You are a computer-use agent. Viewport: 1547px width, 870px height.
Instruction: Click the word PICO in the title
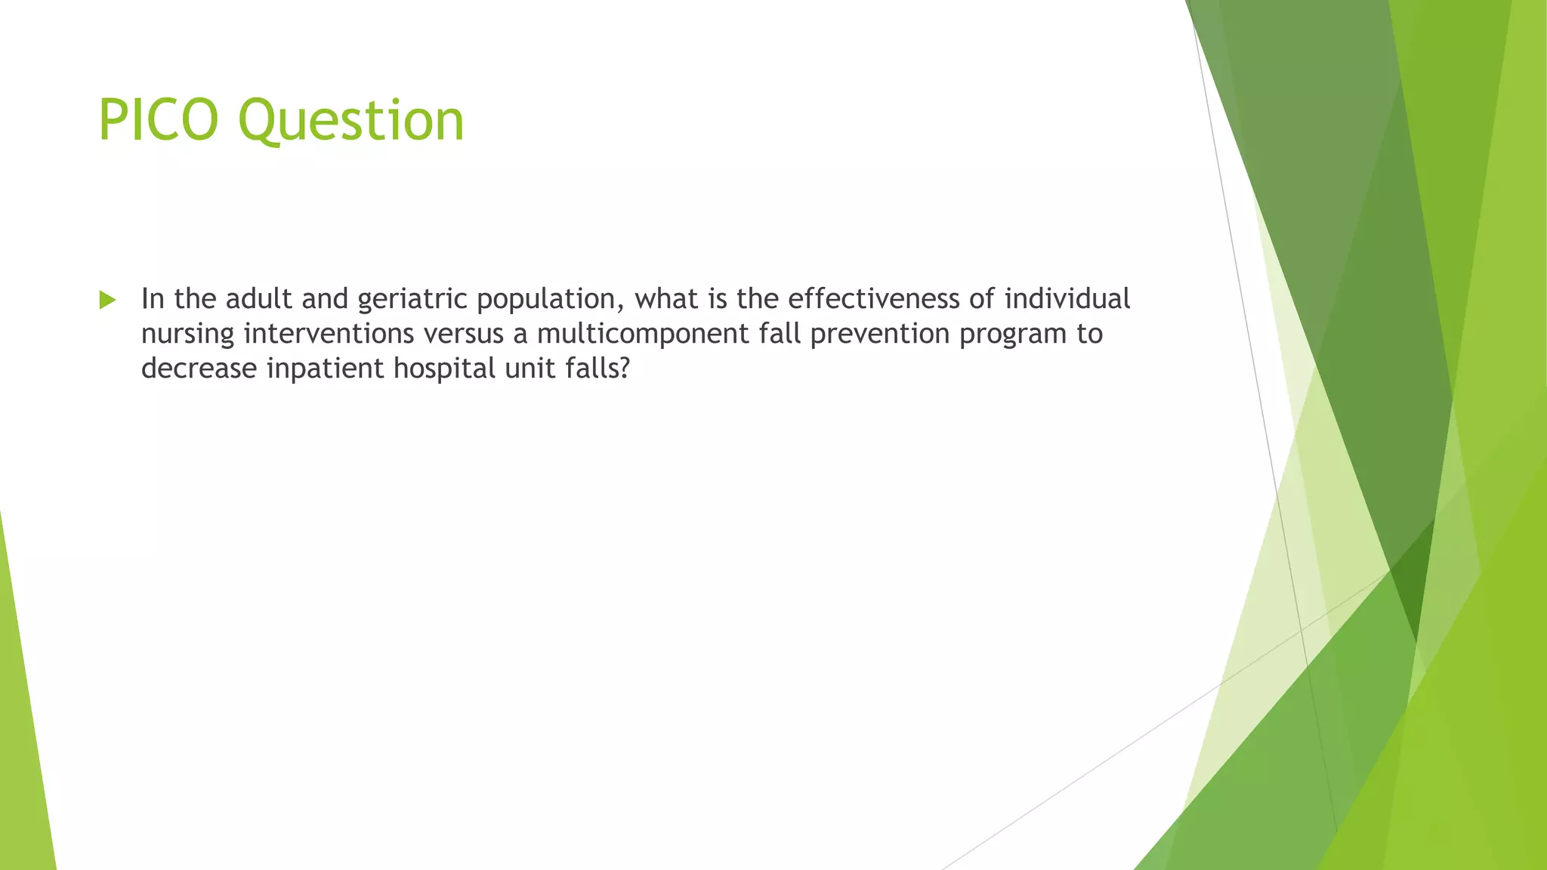coord(158,120)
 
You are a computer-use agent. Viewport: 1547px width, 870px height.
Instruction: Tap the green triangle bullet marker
coord(107,301)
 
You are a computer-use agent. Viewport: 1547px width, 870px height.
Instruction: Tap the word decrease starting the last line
coord(199,369)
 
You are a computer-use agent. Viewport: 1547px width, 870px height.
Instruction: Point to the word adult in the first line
coord(258,299)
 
